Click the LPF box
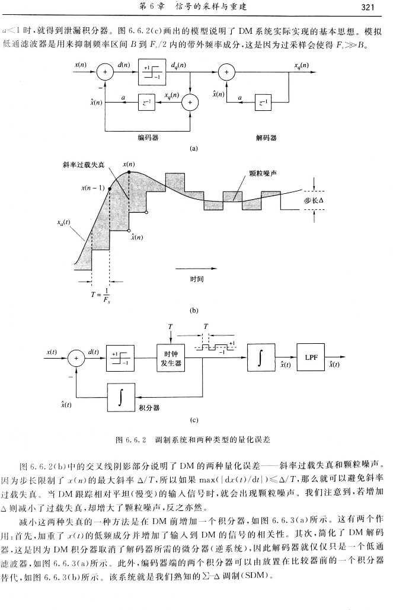click(x=312, y=358)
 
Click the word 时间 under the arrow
click(x=196, y=279)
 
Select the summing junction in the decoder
click(x=226, y=72)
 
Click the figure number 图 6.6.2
click(x=131, y=439)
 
